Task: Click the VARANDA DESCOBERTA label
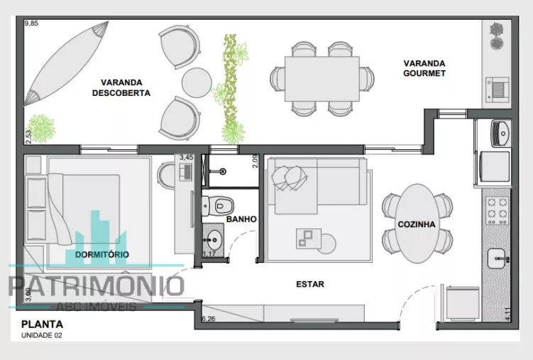121,88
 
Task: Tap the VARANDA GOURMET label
424,68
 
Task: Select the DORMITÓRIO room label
102,254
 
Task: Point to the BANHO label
241,219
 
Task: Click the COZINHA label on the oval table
417,224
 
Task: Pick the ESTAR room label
310,284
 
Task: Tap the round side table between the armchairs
197,82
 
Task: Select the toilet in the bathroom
218,206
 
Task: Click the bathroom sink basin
214,240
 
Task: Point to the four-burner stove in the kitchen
497,211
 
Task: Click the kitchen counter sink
497,258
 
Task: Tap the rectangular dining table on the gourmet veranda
322,79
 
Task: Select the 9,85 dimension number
31,23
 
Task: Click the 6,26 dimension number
209,319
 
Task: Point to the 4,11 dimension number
508,314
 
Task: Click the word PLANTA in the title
42,324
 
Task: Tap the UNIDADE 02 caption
42,336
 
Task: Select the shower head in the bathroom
223,172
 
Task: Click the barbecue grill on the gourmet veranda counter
498,89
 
